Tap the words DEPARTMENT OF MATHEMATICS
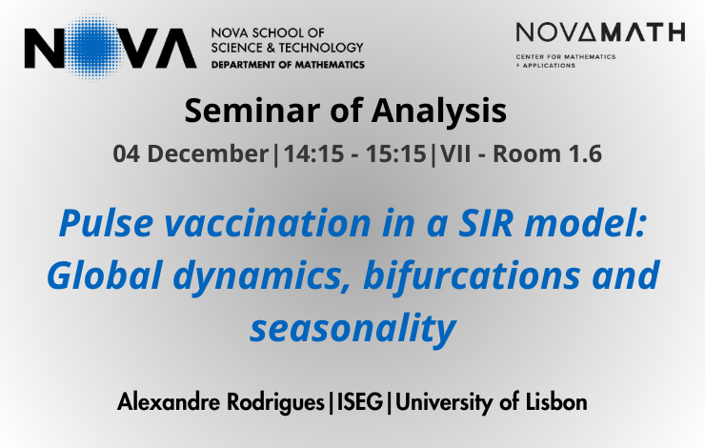point(288,65)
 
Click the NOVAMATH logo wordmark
point(600,32)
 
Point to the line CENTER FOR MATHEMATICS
point(566,56)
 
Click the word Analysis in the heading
point(439,112)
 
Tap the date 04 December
point(191,153)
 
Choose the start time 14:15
point(313,153)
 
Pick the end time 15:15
point(395,153)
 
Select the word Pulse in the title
point(106,223)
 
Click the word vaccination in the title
point(268,224)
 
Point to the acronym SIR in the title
point(486,224)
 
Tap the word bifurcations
point(472,275)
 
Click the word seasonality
point(353,328)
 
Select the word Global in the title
point(104,275)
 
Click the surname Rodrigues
point(275,402)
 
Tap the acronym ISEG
point(360,401)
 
